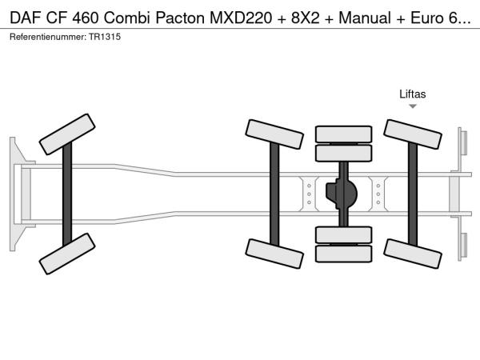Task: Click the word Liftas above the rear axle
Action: tap(413, 94)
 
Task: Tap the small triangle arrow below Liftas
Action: tap(413, 106)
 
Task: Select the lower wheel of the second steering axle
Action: tap(274, 252)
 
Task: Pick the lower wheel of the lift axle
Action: tap(413, 252)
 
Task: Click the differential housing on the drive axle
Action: tap(342, 194)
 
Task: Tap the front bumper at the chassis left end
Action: tap(15, 193)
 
